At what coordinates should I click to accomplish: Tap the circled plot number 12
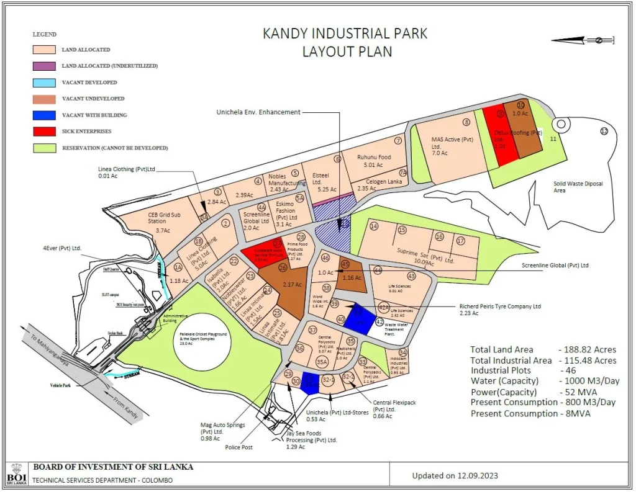coord(604,131)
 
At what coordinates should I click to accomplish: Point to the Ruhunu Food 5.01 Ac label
coord(374,161)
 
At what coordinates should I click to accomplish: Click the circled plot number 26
coord(283,268)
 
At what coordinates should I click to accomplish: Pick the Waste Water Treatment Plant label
coord(399,329)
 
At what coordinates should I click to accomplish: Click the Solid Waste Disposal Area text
coord(579,187)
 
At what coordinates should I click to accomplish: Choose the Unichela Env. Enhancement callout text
coord(258,112)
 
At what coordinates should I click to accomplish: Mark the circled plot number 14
coord(374,226)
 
